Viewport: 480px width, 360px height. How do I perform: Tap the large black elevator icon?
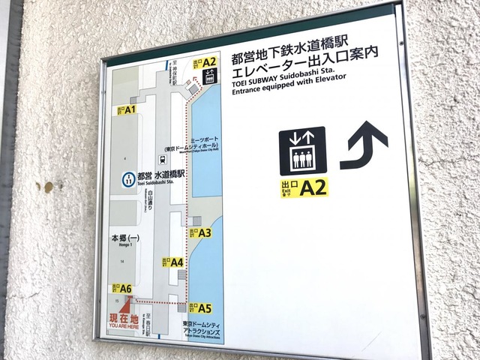302,151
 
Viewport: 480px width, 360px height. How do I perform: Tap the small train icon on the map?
162,159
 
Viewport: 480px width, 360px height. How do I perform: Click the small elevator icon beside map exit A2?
211,75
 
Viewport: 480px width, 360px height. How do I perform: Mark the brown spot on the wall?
48,187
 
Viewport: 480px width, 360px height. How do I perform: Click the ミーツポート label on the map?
202,140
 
